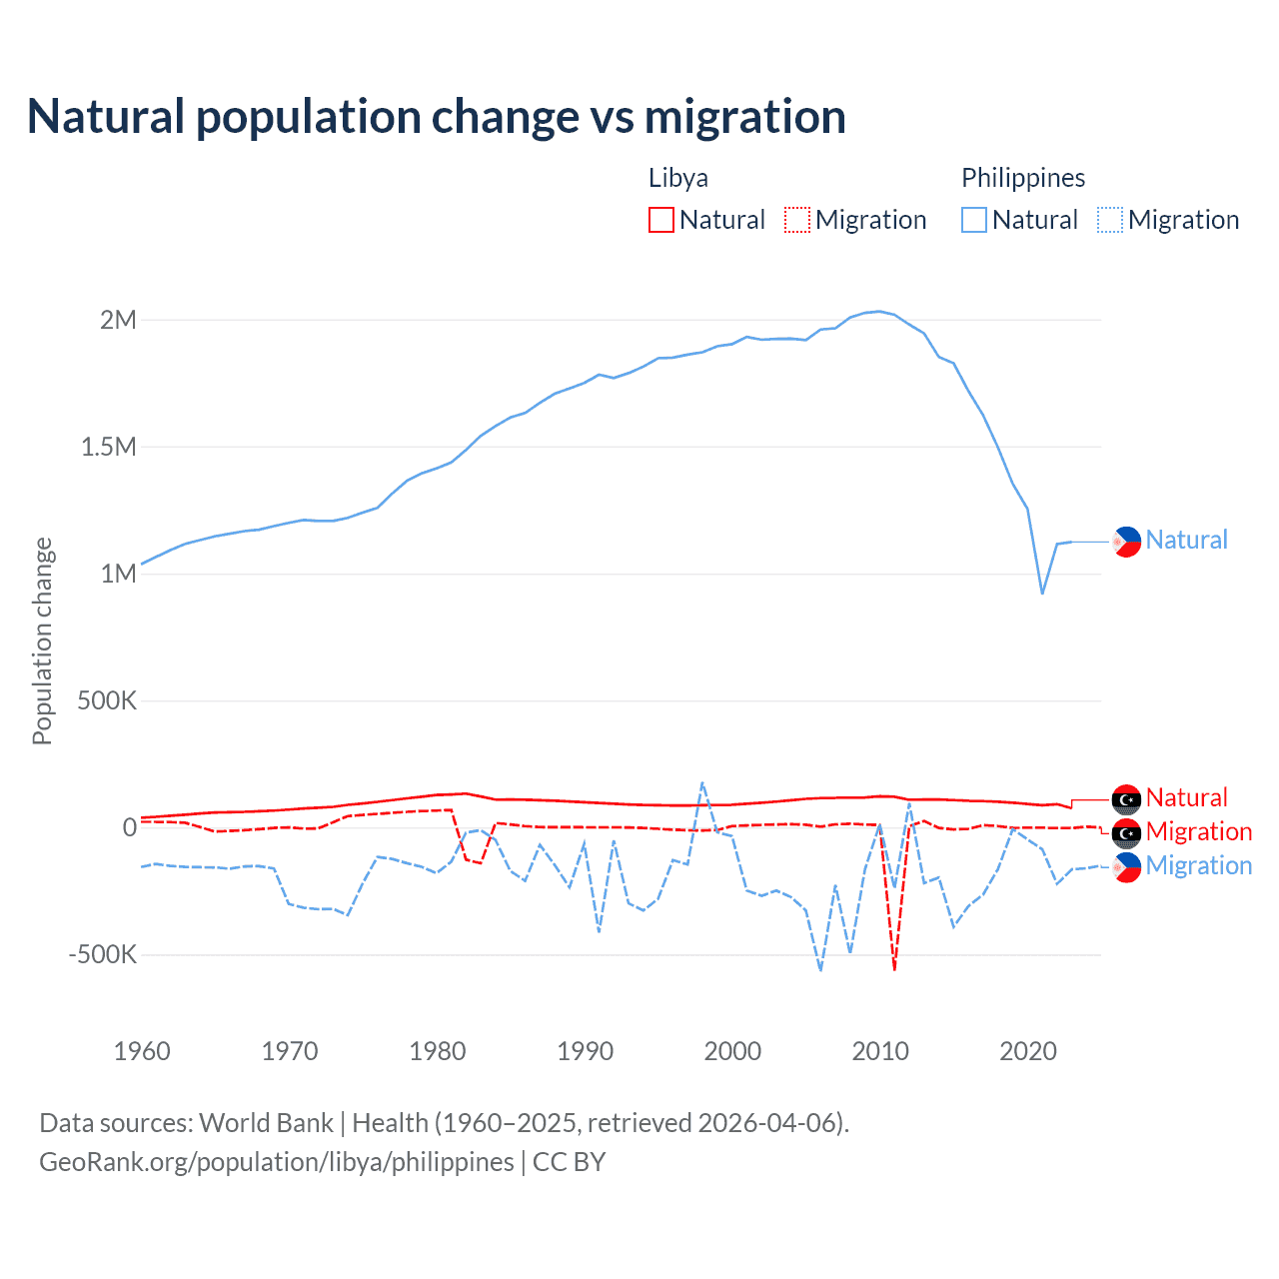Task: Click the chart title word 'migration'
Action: (744, 116)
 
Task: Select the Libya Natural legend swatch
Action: (661, 220)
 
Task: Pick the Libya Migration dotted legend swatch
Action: (796, 220)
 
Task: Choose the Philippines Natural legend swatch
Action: (974, 220)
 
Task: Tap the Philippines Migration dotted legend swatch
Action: (1110, 220)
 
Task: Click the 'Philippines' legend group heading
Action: (1023, 178)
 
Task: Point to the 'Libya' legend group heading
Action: (678, 178)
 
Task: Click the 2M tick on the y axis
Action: (118, 320)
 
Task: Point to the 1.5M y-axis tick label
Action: (108, 447)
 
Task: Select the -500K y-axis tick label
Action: (102, 954)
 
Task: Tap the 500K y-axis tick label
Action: (107, 700)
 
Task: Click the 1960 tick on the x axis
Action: (142, 1051)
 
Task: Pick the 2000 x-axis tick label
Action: (732, 1051)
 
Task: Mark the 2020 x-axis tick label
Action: (1028, 1051)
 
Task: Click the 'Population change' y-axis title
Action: (42, 640)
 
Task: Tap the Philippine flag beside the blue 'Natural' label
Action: (1126, 541)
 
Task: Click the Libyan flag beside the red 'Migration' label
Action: (1126, 832)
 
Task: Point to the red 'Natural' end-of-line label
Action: (1186, 797)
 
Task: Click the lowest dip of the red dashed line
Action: (894, 969)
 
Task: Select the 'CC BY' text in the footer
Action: (569, 1162)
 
